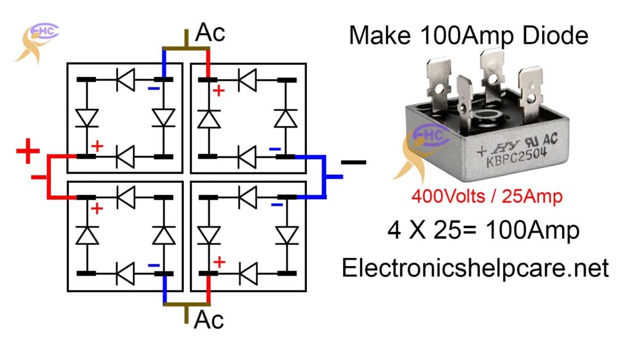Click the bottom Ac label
pyautogui.click(x=209, y=321)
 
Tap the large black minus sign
pyautogui.click(x=353, y=162)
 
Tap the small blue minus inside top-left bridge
pyautogui.click(x=153, y=90)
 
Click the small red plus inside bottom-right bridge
pyautogui.click(x=218, y=263)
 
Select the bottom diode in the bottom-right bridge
pyautogui.click(x=249, y=271)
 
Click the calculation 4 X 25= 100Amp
pyautogui.click(x=484, y=231)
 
